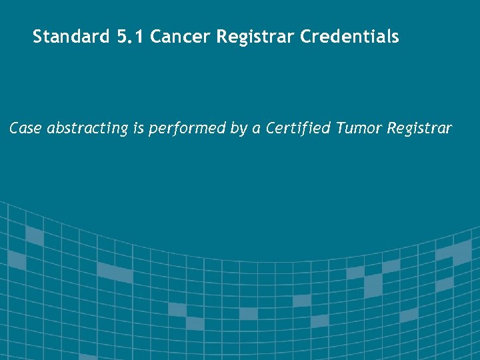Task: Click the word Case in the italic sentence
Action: (x=25, y=128)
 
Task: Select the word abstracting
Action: (x=87, y=128)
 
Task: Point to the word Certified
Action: (x=297, y=128)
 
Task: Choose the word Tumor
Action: (x=358, y=128)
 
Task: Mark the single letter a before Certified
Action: (x=256, y=129)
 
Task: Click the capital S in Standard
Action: (x=38, y=37)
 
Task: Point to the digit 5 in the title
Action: (x=121, y=37)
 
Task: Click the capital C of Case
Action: (x=14, y=128)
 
